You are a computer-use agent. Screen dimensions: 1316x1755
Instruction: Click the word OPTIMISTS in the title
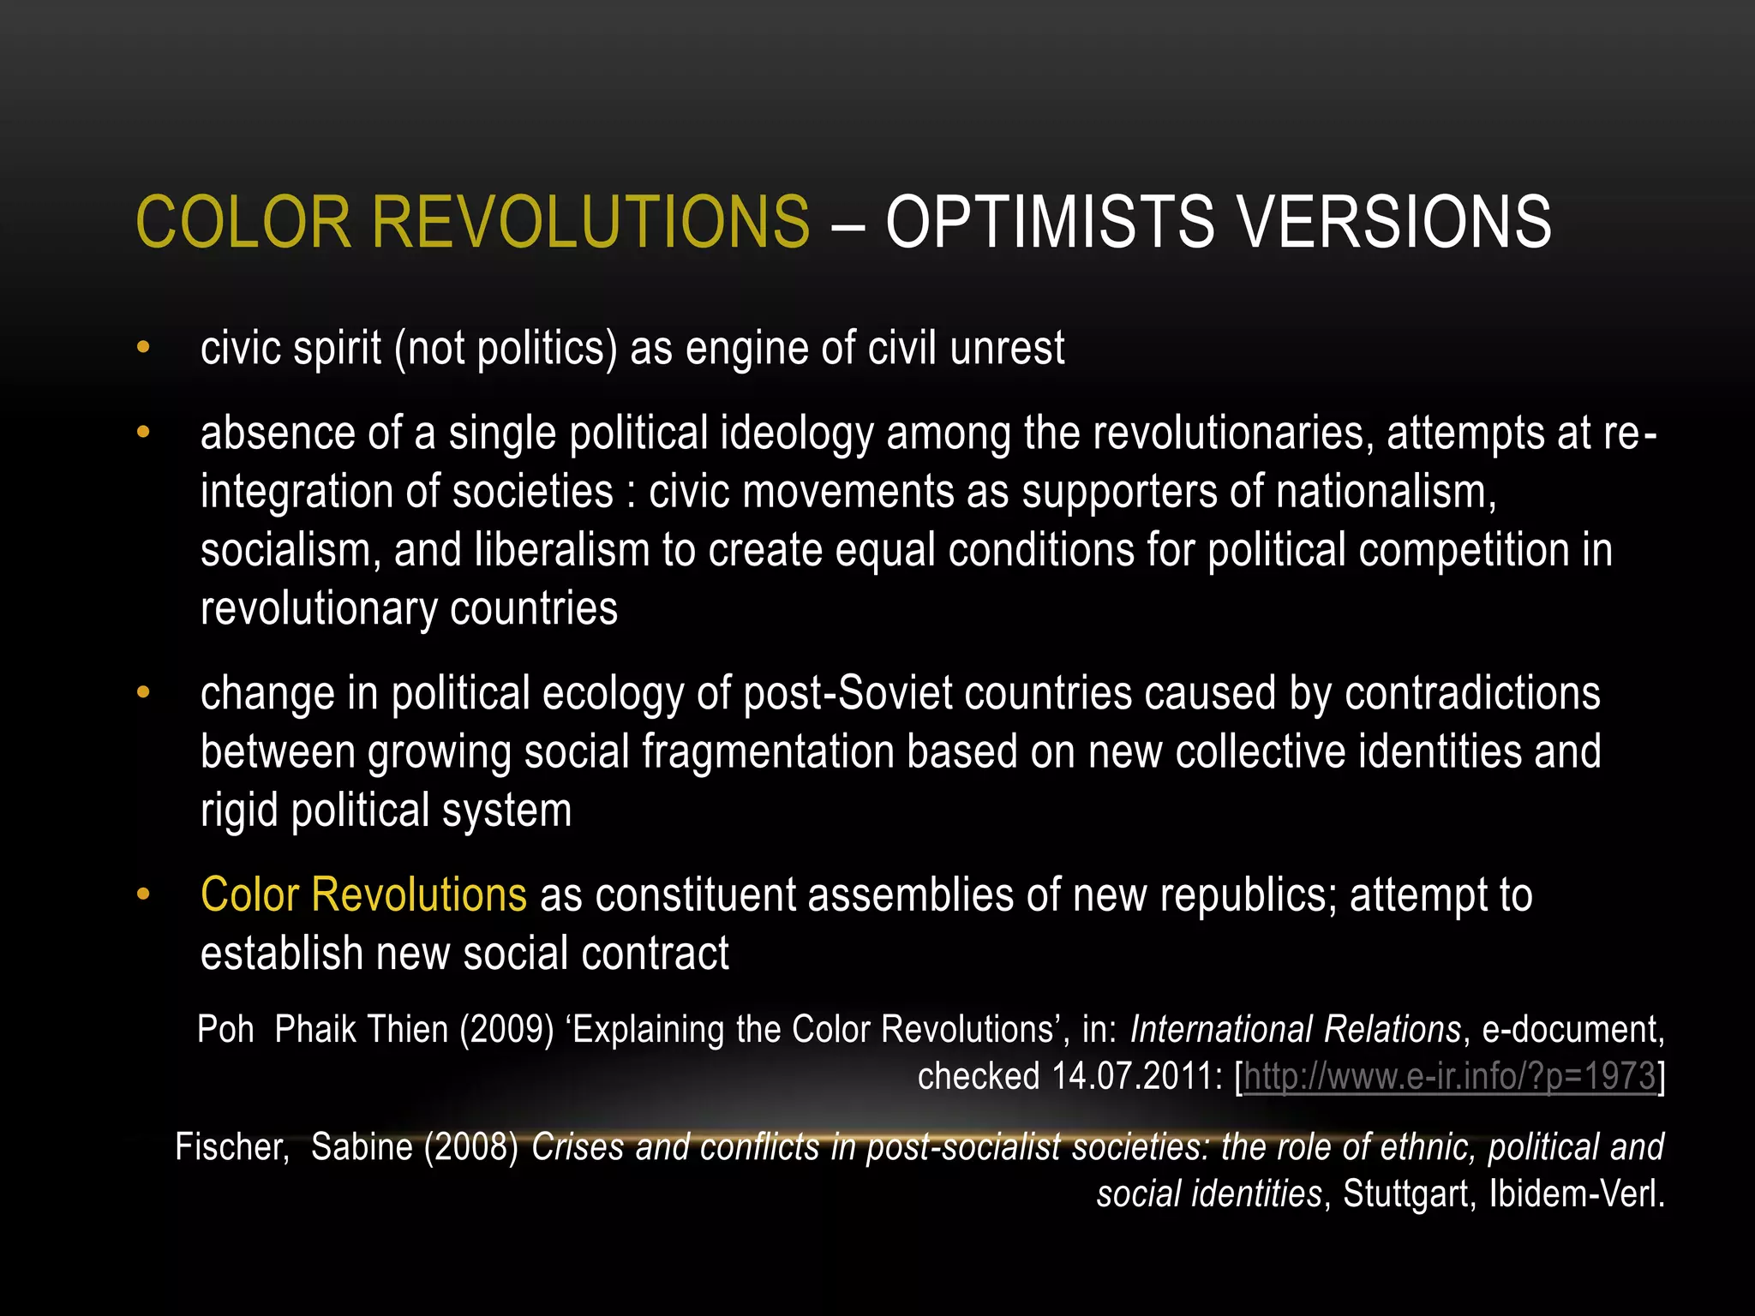point(1049,223)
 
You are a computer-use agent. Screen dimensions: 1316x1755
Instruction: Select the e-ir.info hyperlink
point(1448,1076)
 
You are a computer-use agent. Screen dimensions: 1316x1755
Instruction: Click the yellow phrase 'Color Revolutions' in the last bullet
point(363,894)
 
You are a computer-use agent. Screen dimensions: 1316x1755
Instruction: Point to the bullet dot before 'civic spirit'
point(143,348)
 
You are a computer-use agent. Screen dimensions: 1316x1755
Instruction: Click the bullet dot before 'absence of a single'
point(143,432)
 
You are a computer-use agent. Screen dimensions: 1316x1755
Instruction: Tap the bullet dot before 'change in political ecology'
point(143,692)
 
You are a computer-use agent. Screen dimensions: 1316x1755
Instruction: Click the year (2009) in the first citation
point(506,1029)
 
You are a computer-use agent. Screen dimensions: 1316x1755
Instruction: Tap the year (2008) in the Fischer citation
point(471,1147)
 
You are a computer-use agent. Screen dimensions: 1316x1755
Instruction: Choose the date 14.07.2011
point(1131,1076)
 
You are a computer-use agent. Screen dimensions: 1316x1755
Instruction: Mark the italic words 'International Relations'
point(1295,1029)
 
